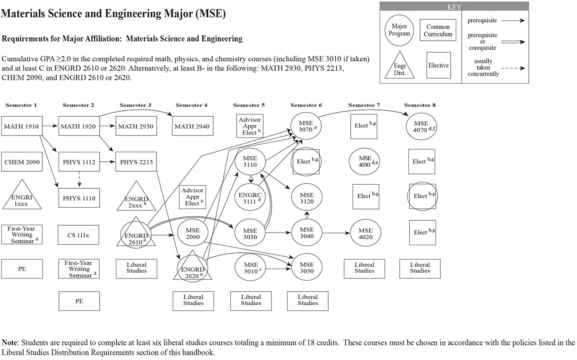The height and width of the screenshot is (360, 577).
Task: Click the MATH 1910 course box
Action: (x=22, y=126)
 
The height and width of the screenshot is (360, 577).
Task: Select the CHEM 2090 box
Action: (x=22, y=161)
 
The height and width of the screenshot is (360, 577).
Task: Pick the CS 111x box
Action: (x=79, y=234)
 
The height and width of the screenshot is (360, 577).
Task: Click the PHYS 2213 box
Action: (x=136, y=161)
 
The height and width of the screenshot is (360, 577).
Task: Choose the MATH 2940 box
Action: (x=192, y=126)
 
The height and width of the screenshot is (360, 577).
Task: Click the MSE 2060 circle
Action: (x=193, y=234)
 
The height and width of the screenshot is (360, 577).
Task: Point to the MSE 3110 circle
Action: (x=251, y=162)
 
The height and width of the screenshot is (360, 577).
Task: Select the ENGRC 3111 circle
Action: (x=251, y=197)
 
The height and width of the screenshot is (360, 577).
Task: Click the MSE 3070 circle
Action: (x=307, y=126)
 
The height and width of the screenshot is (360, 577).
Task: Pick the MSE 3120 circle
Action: (x=307, y=197)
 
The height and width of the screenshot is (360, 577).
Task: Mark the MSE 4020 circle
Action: (x=364, y=233)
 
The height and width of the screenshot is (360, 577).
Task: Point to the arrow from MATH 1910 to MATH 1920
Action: (x=49, y=126)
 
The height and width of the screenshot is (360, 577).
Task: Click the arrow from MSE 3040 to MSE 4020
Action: (x=336, y=233)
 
